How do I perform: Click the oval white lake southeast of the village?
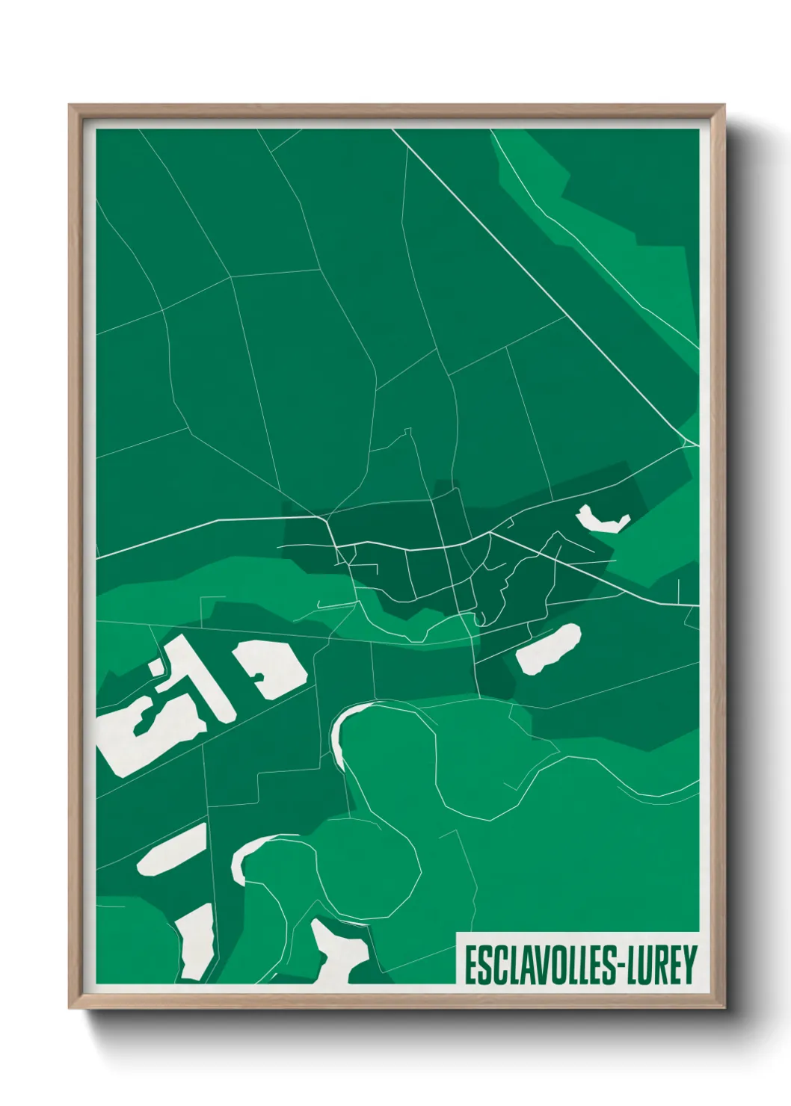pyautogui.click(x=549, y=649)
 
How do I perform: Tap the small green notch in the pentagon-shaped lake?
pyautogui.click(x=259, y=677)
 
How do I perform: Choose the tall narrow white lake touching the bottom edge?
pyautogui.click(x=196, y=942)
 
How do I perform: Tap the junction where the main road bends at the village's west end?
pyautogui.click(x=326, y=517)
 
